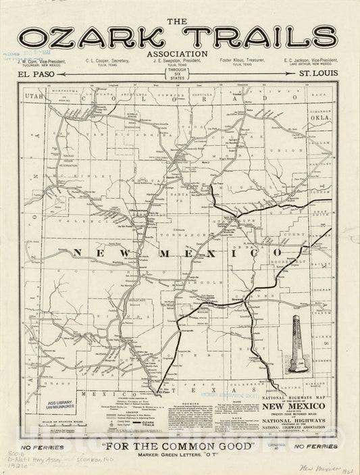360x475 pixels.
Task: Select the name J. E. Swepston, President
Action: (x=179, y=61)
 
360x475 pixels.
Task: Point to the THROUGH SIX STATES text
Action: (x=179, y=74)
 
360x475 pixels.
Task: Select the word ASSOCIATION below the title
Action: (x=180, y=52)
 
